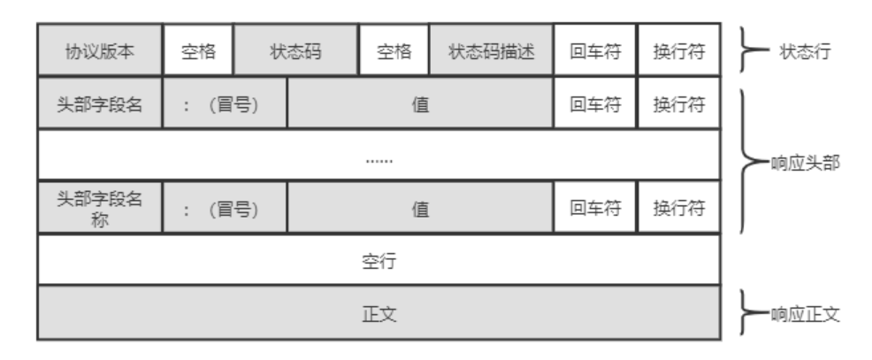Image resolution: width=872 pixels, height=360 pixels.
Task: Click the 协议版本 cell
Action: tap(99, 51)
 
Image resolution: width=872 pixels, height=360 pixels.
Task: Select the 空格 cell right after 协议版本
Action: tap(196, 51)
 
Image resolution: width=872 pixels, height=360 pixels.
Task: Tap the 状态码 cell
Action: tap(295, 51)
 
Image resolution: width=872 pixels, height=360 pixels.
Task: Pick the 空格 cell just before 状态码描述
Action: tap(393, 51)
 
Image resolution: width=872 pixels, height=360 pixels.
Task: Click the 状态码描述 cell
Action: tap(491, 51)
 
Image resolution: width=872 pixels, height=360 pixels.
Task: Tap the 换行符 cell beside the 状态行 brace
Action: tap(678, 51)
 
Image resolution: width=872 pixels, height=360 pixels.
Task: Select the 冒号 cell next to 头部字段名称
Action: tap(226, 210)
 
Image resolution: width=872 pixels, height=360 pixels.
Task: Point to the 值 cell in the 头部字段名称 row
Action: tap(421, 210)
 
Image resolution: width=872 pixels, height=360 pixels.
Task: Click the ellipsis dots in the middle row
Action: tap(379, 159)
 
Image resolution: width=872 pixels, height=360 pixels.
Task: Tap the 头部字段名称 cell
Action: tap(99, 210)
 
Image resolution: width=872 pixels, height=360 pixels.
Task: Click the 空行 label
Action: tap(379, 261)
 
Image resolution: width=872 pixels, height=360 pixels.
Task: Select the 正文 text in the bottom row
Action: tap(379, 312)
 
